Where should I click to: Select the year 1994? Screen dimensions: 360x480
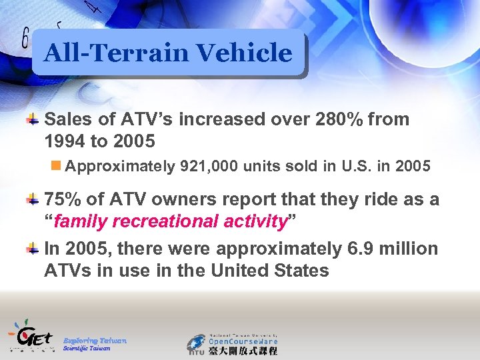pos(65,141)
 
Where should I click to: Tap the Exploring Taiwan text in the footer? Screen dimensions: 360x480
pos(95,340)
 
